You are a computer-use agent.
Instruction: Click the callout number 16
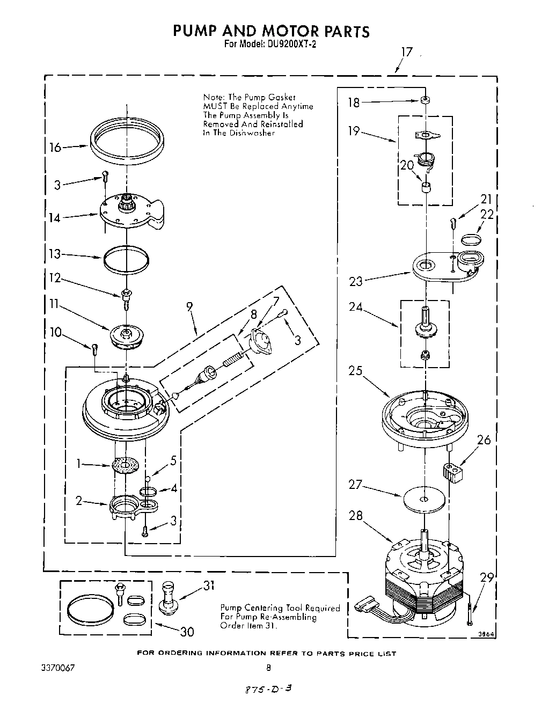click(x=56, y=147)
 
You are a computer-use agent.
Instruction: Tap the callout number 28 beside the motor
click(x=356, y=516)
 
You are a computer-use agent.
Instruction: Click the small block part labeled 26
click(x=452, y=473)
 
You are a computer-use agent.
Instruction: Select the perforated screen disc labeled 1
click(x=126, y=464)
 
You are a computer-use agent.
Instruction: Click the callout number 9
click(x=189, y=307)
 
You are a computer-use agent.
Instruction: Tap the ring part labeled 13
click(x=126, y=259)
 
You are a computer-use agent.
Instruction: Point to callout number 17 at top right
click(x=407, y=52)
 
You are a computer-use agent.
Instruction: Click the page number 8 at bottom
click(x=268, y=668)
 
